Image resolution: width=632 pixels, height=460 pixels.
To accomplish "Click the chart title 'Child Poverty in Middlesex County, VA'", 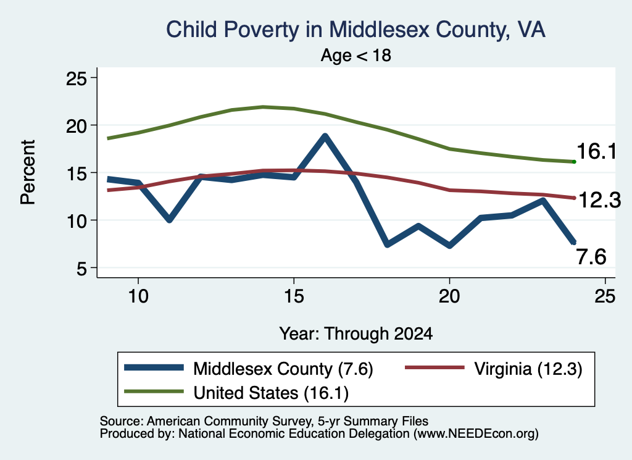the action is pyautogui.click(x=356, y=30).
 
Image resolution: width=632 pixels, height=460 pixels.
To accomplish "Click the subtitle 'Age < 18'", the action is pyautogui.click(x=356, y=55).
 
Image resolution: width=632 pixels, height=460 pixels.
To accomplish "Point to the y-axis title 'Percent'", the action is pyautogui.click(x=28, y=172).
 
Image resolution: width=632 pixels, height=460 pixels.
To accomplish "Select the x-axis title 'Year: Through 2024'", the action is pyautogui.click(x=356, y=333).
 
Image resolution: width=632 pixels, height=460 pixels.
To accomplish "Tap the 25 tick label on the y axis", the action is pyautogui.click(x=76, y=78).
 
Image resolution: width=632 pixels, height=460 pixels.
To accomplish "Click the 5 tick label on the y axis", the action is pyautogui.click(x=82, y=269).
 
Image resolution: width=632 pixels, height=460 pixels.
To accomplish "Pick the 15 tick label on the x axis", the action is pyautogui.click(x=294, y=296).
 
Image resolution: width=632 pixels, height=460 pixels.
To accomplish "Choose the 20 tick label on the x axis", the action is pyautogui.click(x=449, y=296).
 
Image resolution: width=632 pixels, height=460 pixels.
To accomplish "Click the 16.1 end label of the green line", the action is pyautogui.click(x=597, y=152).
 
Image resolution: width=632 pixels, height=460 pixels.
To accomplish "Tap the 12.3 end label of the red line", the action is pyautogui.click(x=599, y=200).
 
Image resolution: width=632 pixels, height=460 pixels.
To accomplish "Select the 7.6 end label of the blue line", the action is pyautogui.click(x=591, y=257).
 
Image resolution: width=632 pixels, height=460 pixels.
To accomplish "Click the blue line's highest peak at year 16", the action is pyautogui.click(x=325, y=136).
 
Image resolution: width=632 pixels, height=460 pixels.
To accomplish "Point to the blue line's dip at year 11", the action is pyautogui.click(x=169, y=220).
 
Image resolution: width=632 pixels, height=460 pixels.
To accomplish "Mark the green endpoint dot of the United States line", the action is pyautogui.click(x=574, y=162).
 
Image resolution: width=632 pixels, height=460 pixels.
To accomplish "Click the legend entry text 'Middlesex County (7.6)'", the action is pyautogui.click(x=283, y=369).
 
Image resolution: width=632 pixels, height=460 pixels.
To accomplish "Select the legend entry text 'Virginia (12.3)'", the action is pyautogui.click(x=528, y=369).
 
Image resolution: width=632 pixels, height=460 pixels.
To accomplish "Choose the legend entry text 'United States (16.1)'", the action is pyautogui.click(x=271, y=393).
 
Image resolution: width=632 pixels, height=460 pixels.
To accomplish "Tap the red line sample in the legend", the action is pyautogui.click(x=435, y=367).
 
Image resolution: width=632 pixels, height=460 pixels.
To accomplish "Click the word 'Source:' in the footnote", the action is pyautogui.click(x=122, y=421).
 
